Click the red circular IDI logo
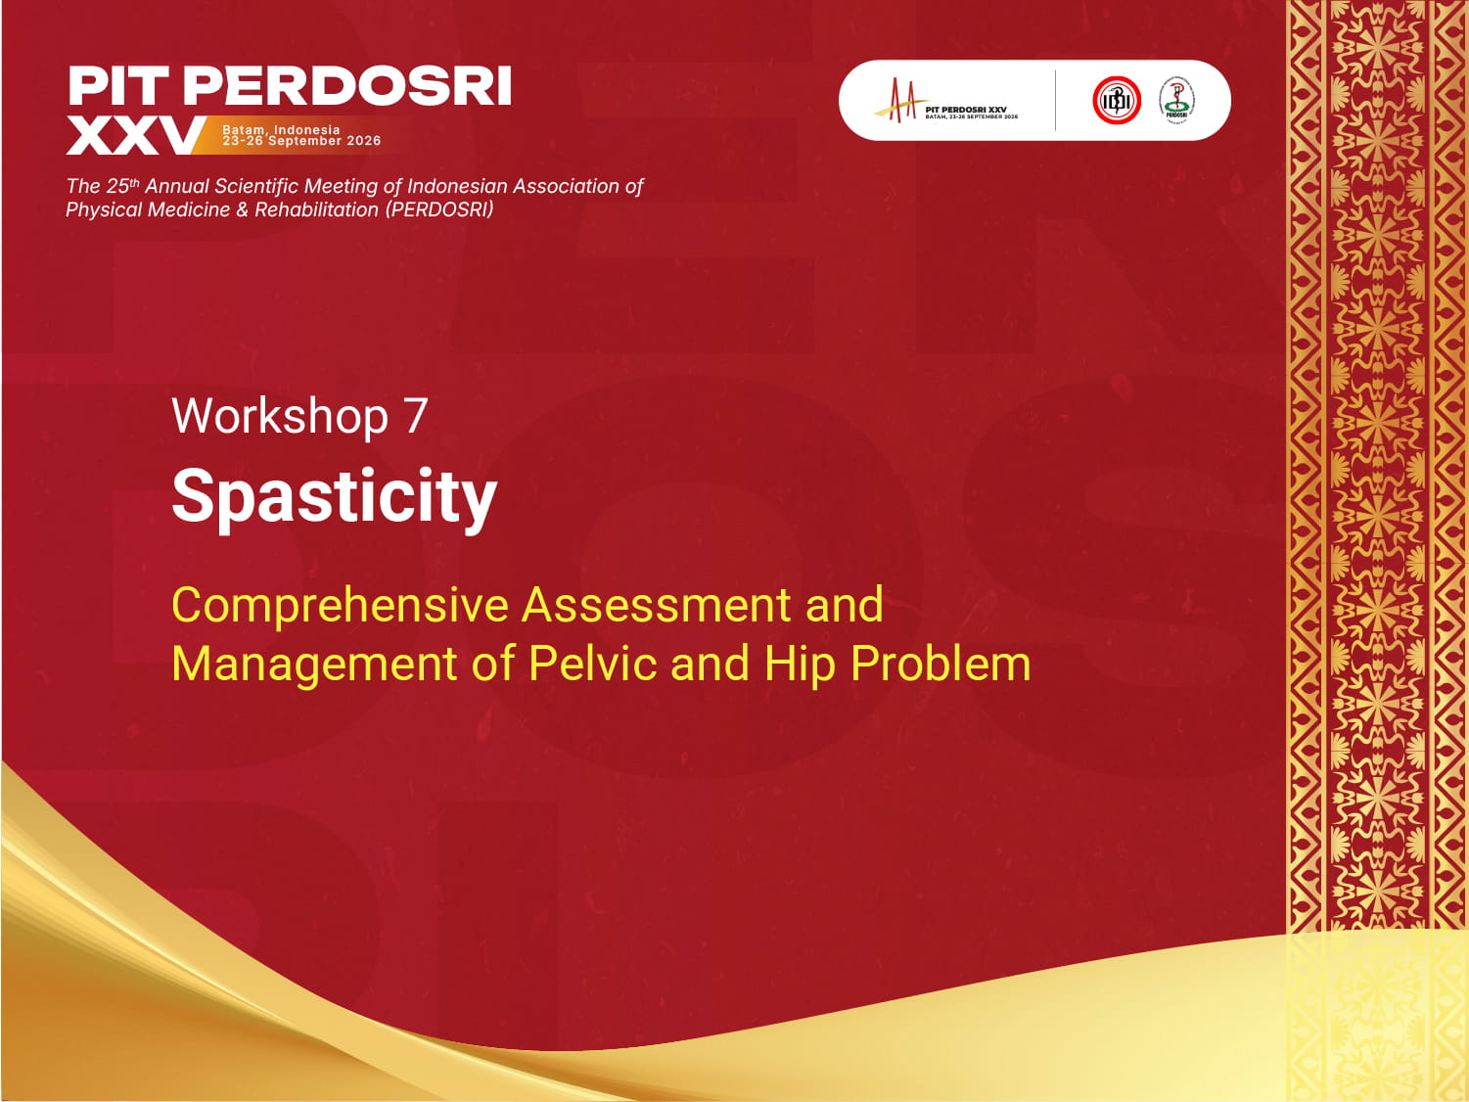[1117, 100]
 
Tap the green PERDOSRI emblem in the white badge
[1176, 100]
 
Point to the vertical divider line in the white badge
[1055, 100]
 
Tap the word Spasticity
[334, 496]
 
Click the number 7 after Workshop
[416, 416]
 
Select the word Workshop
[280, 416]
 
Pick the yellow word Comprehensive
[340, 605]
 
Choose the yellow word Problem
[941, 664]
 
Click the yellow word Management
[314, 664]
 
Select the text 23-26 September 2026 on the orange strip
[301, 141]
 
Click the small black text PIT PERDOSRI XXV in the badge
[966, 110]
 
